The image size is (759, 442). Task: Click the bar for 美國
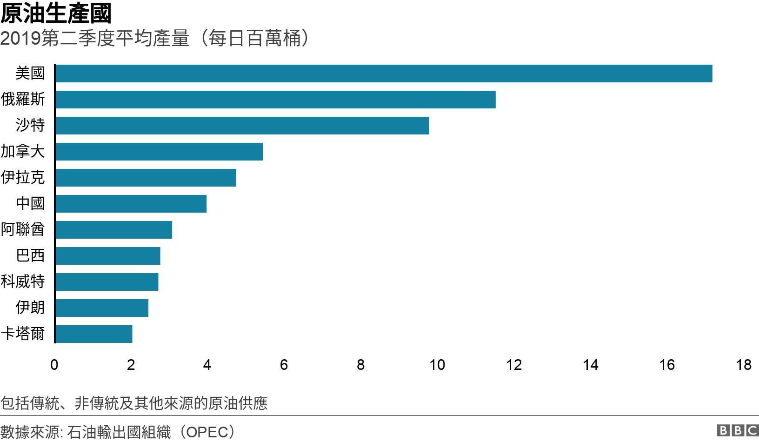click(x=384, y=73)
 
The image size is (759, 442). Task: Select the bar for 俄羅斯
click(x=275, y=99)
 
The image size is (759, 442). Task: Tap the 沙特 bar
click(x=242, y=126)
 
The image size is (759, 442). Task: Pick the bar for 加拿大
click(x=159, y=152)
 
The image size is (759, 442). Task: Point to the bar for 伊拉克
click(x=146, y=178)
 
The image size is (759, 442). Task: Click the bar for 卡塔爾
click(x=94, y=334)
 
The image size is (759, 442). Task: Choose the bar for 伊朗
click(x=102, y=308)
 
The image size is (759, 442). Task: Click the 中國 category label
click(x=30, y=203)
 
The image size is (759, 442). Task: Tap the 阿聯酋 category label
click(x=23, y=229)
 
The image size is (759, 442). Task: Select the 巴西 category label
click(x=30, y=255)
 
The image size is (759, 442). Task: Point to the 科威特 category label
click(x=23, y=281)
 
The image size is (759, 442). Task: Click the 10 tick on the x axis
click(x=437, y=365)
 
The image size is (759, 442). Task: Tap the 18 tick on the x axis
click(x=744, y=365)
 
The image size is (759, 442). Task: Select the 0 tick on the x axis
click(x=54, y=365)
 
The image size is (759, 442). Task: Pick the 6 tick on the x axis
click(x=284, y=365)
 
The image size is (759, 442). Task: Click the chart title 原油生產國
click(x=56, y=13)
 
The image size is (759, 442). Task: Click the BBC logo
click(x=738, y=431)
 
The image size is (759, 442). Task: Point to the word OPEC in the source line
click(x=207, y=433)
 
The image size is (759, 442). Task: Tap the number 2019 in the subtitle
click(x=20, y=38)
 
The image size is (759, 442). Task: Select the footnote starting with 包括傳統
click(x=134, y=403)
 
